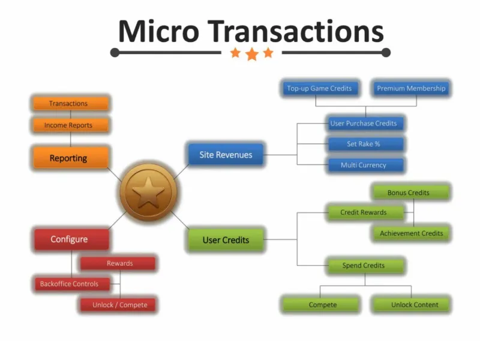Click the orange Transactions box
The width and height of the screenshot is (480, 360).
[71, 103]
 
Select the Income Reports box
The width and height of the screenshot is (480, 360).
[71, 125]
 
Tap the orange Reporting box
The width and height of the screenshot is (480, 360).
[71, 158]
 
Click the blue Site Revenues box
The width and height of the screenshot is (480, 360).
[226, 155]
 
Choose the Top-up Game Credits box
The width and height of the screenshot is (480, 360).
[320, 88]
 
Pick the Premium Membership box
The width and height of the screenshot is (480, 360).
[411, 88]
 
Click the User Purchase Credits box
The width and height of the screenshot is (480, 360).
[365, 124]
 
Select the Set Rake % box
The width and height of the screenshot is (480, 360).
[365, 144]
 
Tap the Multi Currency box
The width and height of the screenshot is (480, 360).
[365, 165]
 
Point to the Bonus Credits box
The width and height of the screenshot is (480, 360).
[411, 193]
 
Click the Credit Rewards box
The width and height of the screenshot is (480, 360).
[365, 212]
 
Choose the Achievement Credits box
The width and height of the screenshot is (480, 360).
[411, 233]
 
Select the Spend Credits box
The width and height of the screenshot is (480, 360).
[365, 265]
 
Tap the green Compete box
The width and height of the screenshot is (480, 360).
[320, 305]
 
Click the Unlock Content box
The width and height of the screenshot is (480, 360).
[411, 305]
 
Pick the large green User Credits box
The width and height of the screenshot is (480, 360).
[226, 239]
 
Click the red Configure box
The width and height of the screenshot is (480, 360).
[71, 239]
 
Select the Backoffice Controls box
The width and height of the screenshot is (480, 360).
[72, 284]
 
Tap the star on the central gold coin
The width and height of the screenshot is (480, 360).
[148, 192]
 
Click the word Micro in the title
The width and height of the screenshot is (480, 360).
[159, 31]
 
